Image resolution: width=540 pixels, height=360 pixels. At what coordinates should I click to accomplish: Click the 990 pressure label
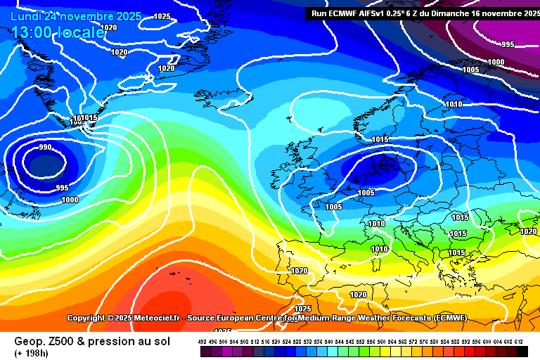pyautogui.click(x=45, y=147)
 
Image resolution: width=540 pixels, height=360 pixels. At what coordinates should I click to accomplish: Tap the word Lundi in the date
pyautogui.click(x=26, y=16)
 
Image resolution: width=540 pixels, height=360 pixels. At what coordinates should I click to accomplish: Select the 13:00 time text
pyautogui.click(x=32, y=32)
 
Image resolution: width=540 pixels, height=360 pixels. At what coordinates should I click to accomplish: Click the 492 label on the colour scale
pyautogui.click(x=202, y=341)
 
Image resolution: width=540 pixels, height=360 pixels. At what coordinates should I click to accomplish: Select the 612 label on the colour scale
pyautogui.click(x=519, y=341)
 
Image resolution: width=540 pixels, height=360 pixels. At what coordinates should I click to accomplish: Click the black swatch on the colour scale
pyautogui.click(x=522, y=350)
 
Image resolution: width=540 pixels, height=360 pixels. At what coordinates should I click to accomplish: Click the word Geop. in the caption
pyautogui.click(x=29, y=341)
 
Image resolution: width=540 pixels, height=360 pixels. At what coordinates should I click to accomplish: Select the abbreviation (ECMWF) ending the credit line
pyautogui.click(x=455, y=318)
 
